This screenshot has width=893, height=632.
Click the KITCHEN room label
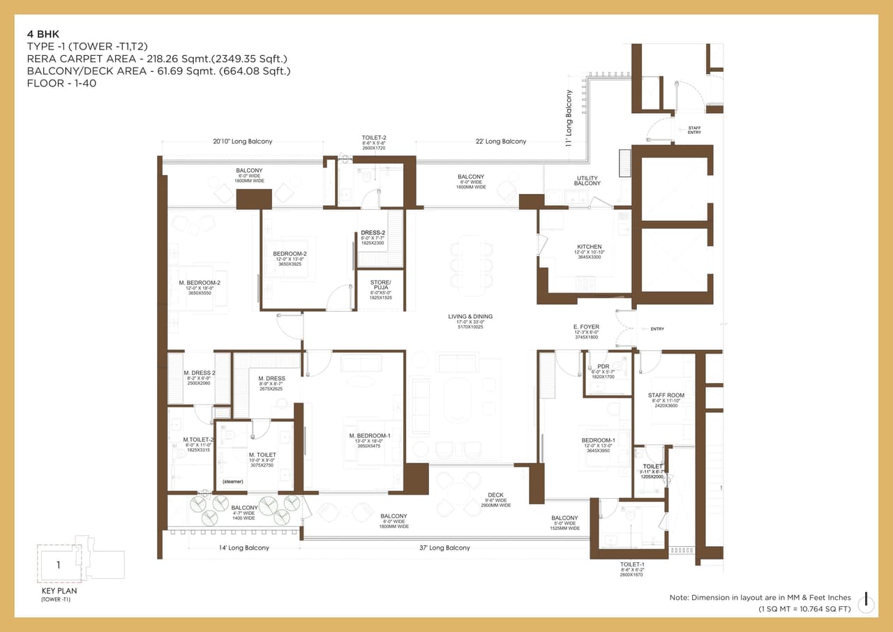tap(590, 247)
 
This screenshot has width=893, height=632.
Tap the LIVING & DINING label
tap(470, 317)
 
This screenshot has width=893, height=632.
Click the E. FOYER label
tap(586, 326)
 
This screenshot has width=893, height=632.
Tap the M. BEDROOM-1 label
tap(370, 435)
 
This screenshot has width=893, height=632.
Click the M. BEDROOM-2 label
tap(200, 283)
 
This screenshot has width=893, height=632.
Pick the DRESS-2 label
tap(373, 232)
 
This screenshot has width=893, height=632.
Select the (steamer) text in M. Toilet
tap(232, 481)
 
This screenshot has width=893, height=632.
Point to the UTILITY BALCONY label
tap(587, 181)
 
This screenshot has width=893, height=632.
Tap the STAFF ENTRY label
tap(694, 130)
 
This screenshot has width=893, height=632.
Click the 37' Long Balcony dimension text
tap(444, 548)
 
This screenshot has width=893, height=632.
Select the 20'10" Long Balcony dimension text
tap(243, 142)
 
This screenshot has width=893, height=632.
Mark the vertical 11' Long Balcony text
tap(569, 118)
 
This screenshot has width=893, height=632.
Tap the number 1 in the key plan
tap(59, 565)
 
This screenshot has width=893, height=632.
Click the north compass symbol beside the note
tap(866, 601)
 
